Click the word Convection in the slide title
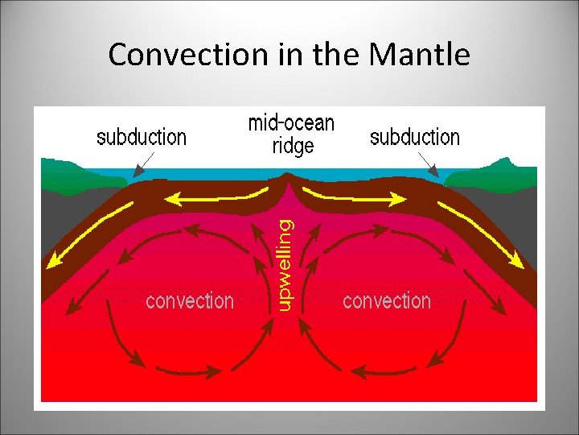(171, 55)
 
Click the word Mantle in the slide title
(420, 55)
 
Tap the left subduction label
(142, 138)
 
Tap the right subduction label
(415, 138)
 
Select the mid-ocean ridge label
(291, 135)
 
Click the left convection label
(190, 301)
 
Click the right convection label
(387, 301)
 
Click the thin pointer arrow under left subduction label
(147, 164)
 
